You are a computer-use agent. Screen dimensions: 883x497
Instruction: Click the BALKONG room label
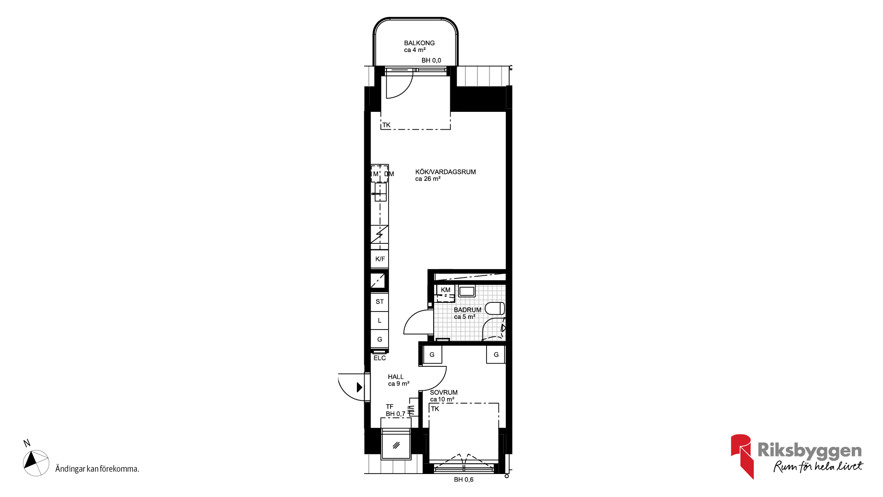point(419,43)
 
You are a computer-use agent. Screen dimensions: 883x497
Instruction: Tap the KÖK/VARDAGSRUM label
point(445,172)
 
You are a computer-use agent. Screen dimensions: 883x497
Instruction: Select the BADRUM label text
point(467,310)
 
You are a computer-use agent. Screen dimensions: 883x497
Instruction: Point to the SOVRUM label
point(443,393)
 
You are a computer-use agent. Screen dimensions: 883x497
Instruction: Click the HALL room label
point(396,377)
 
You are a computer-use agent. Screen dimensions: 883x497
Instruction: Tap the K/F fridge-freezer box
point(380,259)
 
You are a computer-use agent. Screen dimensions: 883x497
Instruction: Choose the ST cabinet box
point(380,302)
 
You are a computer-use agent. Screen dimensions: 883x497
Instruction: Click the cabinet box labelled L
point(380,320)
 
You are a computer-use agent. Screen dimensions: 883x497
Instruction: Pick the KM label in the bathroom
point(445,290)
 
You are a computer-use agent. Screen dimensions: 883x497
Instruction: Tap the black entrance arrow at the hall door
point(360,387)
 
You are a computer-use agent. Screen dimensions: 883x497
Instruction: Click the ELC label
point(379,358)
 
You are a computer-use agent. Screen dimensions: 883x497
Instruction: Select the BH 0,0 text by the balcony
point(431,60)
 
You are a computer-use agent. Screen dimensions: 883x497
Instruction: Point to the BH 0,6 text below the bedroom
point(464,480)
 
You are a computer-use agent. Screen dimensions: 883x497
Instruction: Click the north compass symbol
point(36,462)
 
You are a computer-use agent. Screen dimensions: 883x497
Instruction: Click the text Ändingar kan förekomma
point(97,469)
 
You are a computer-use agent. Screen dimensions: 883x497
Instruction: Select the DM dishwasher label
point(389,174)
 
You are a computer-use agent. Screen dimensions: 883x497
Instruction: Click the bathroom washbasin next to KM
point(467,291)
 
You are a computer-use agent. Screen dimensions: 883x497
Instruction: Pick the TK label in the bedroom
point(435,409)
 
